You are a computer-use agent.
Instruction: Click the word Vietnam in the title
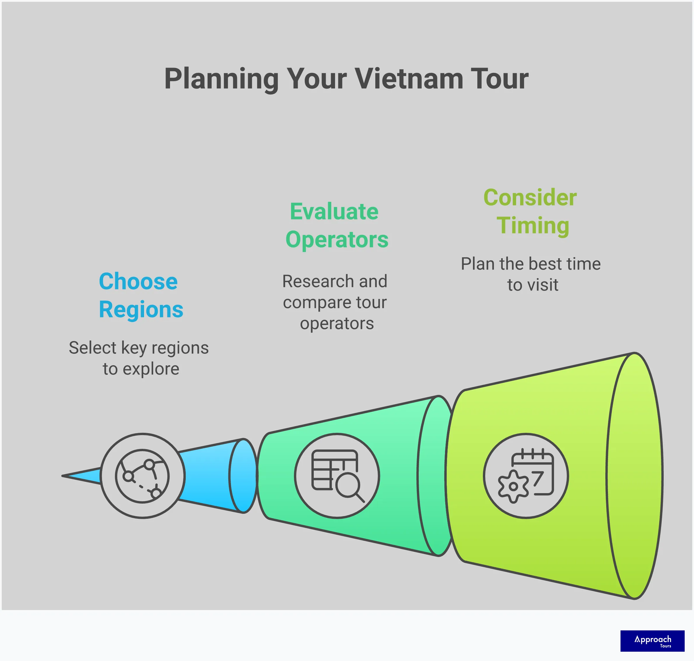tap(409, 79)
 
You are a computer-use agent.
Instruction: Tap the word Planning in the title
tap(221, 79)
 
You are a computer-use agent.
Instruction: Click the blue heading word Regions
tap(141, 309)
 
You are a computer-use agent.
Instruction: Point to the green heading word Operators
tap(337, 240)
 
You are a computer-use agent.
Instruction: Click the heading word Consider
tap(530, 197)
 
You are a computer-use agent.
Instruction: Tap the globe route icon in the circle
tap(142, 476)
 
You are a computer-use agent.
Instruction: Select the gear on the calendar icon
tap(513, 487)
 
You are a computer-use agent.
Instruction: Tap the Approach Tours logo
tap(652, 641)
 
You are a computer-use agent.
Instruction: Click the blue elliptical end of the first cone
tap(243, 476)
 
